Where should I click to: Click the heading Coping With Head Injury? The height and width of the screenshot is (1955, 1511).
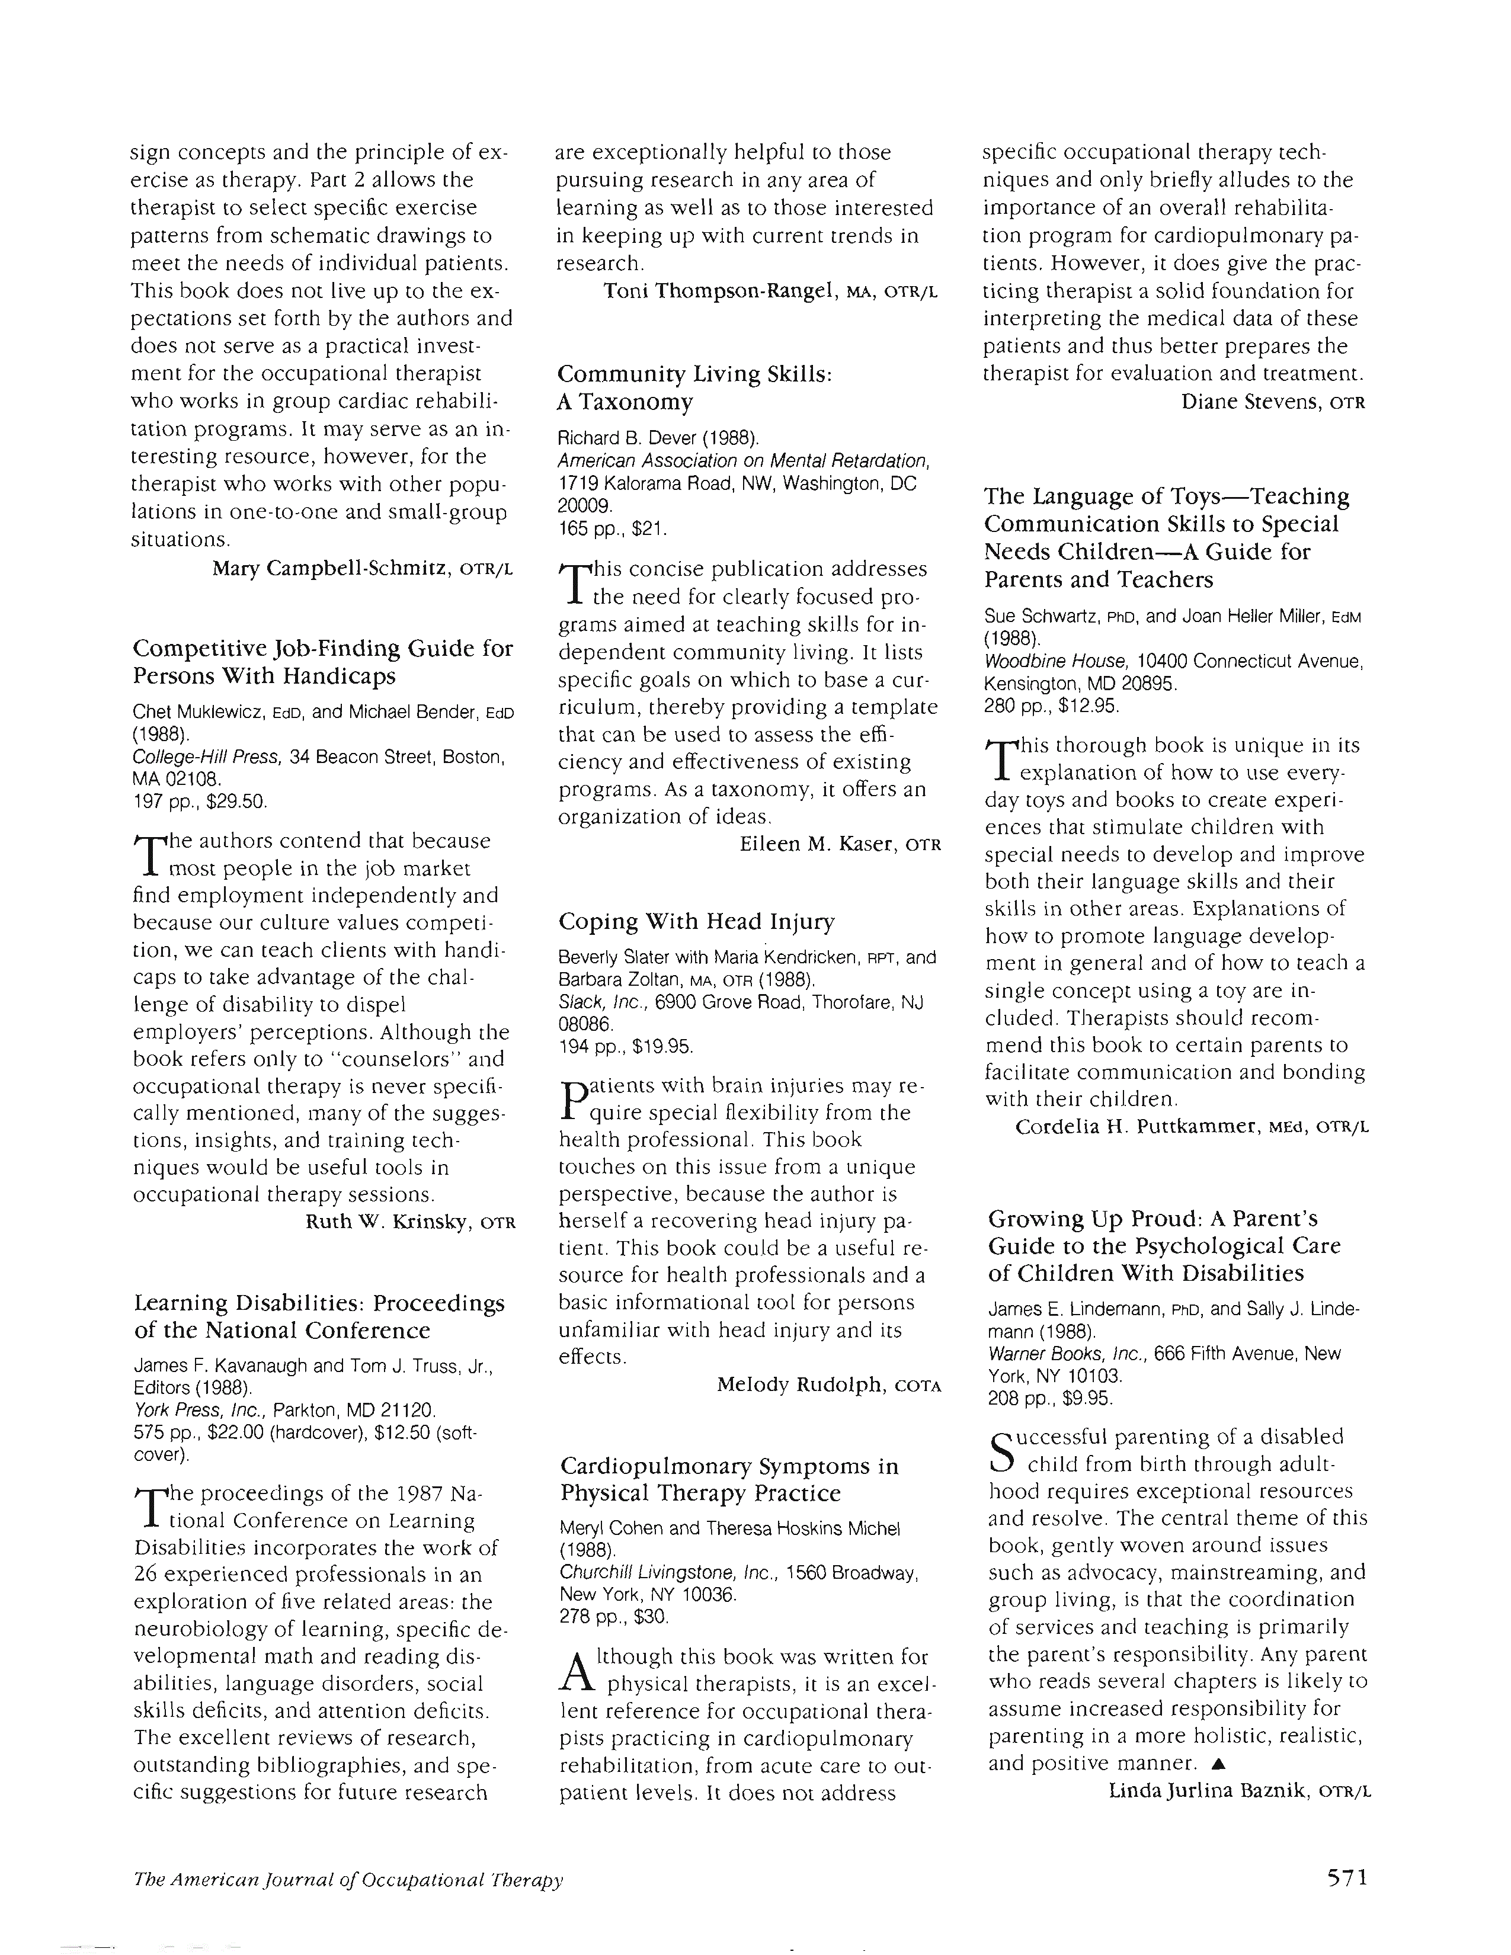[696, 921]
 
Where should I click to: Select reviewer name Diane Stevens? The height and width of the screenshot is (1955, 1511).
[1250, 402]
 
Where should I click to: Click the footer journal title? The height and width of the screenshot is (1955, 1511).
[347, 1879]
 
